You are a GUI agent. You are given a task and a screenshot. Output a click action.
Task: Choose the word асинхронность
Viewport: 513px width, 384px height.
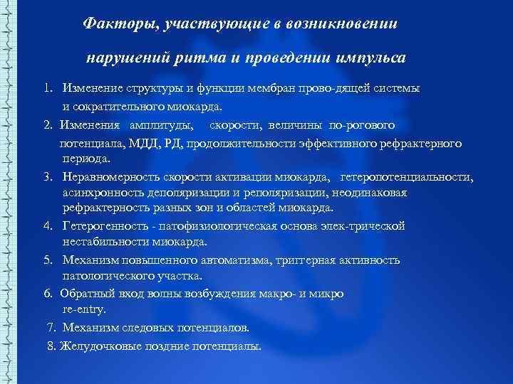point(103,193)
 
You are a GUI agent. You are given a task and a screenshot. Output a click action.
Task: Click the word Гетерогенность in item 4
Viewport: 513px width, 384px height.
point(105,226)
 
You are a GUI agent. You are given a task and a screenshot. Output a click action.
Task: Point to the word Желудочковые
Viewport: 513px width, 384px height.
point(99,346)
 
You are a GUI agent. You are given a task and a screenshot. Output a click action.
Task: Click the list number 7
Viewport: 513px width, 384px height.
point(51,328)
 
